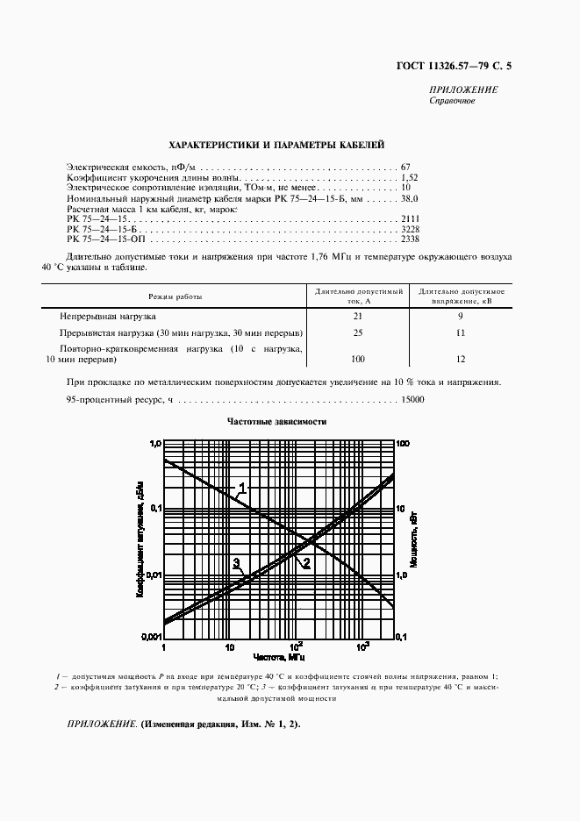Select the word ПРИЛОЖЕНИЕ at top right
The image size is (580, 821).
pos(463,90)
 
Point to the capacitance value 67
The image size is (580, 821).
pos(405,167)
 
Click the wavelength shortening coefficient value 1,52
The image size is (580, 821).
pos(409,177)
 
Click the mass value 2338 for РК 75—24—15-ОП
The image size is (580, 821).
pos(410,239)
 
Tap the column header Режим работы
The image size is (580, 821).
pos(175,296)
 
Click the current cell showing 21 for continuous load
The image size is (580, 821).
pos(357,315)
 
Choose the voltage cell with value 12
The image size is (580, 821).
pos(462,360)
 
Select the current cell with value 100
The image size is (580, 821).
pos(357,360)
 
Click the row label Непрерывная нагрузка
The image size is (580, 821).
pos(108,315)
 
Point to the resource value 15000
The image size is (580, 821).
pos(412,400)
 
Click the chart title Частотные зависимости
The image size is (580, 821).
pos(276,422)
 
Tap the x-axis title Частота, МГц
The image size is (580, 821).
pos(280,656)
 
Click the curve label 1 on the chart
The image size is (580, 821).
pos(243,488)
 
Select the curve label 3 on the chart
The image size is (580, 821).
pos(236,562)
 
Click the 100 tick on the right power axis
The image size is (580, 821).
pos(405,445)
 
